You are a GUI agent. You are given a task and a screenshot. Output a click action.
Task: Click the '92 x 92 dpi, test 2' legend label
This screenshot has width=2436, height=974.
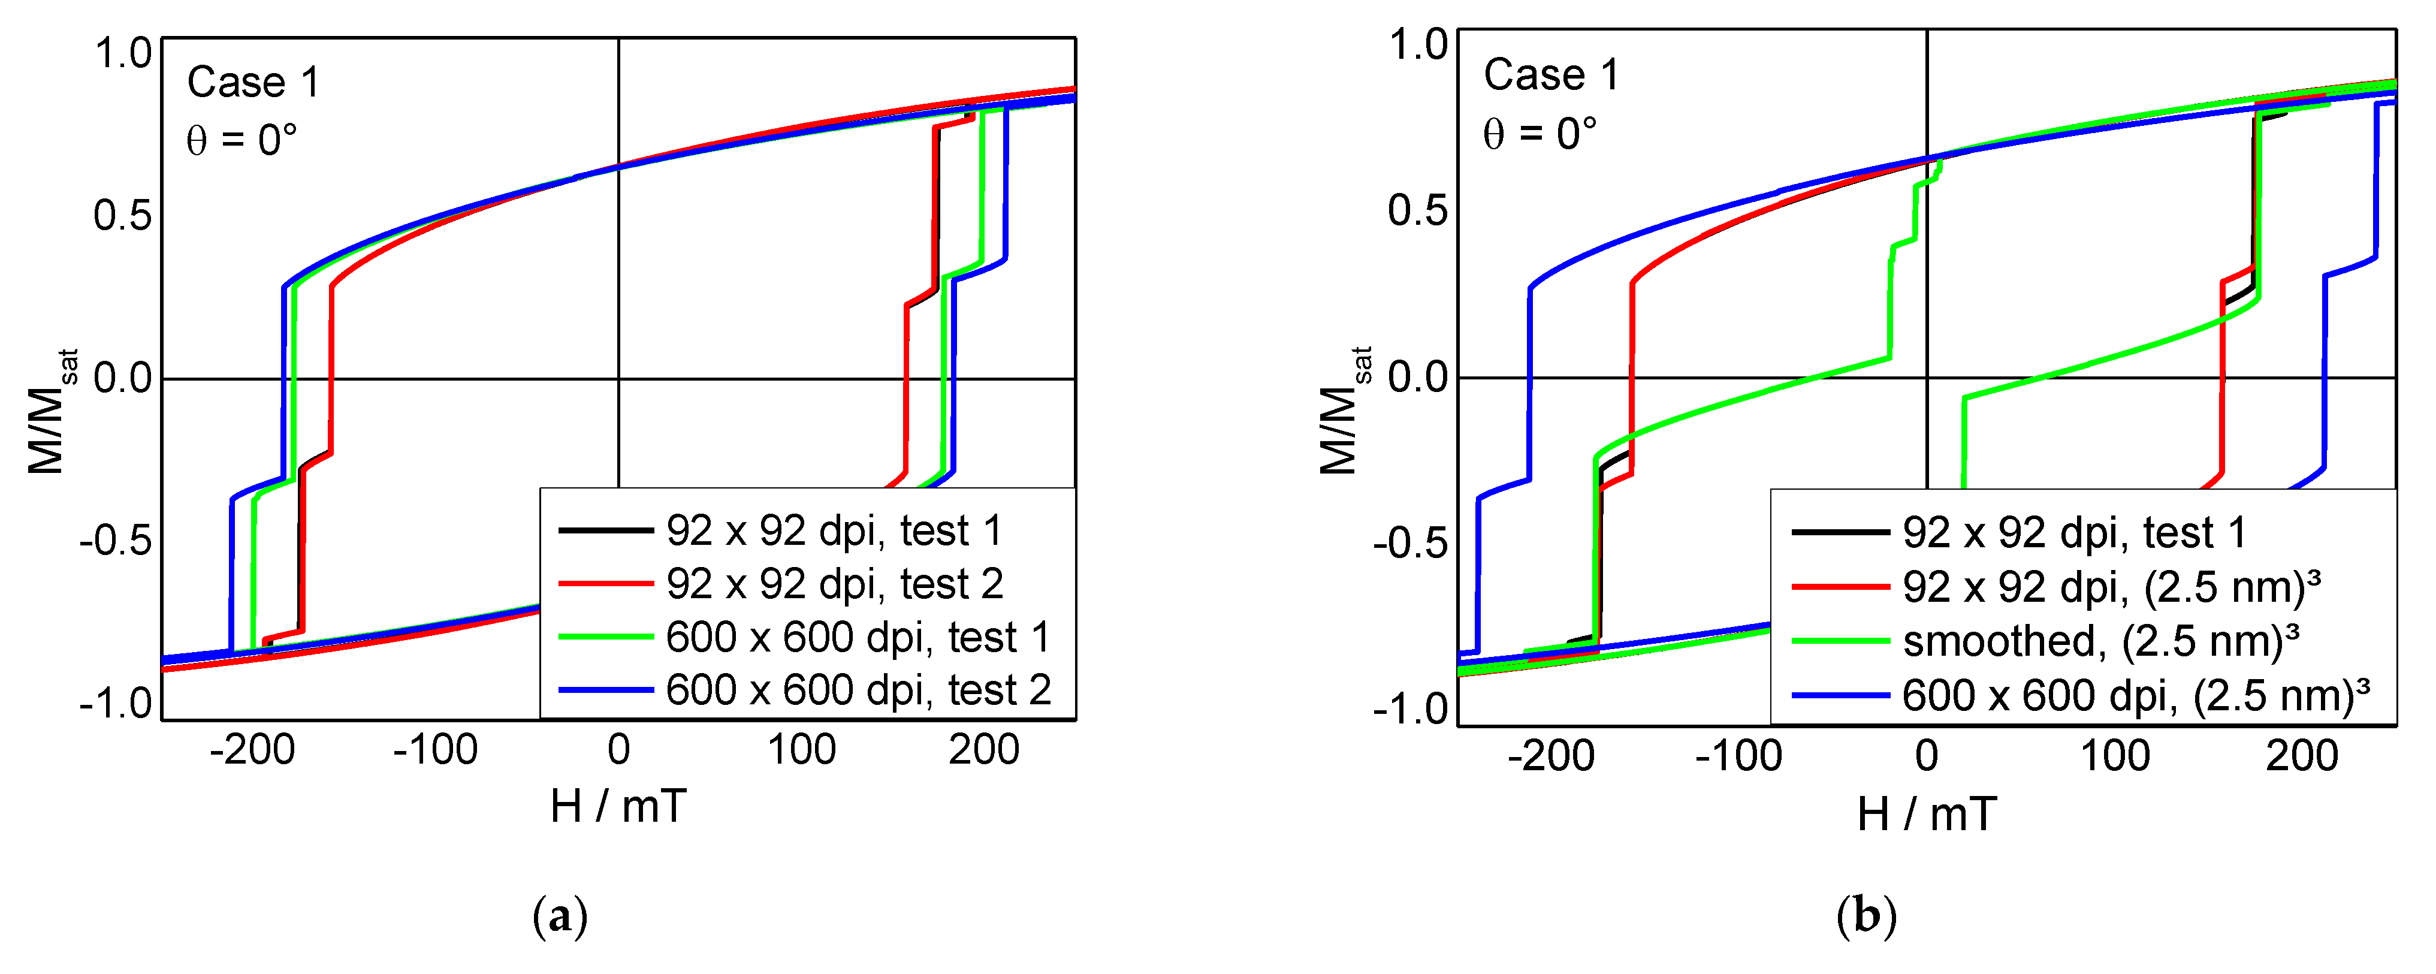click(834, 583)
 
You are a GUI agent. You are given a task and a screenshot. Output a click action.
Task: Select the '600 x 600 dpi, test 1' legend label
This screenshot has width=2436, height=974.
click(858, 637)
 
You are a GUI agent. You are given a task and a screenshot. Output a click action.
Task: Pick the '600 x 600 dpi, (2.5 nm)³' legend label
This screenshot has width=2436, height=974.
click(2135, 695)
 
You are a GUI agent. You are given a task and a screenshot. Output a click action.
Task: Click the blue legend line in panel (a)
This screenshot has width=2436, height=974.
click(605, 689)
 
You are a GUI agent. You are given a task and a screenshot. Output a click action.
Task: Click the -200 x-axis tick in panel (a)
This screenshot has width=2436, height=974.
click(252, 750)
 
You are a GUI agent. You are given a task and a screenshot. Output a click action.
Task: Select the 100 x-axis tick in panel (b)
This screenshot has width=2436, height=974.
click(2114, 756)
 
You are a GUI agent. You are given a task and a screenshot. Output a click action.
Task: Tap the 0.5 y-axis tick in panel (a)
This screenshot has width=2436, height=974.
click(123, 216)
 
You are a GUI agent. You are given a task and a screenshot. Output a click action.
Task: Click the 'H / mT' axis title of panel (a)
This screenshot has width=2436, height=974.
click(618, 807)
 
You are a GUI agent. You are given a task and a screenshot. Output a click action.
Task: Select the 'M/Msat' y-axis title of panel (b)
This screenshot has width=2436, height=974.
click(1343, 411)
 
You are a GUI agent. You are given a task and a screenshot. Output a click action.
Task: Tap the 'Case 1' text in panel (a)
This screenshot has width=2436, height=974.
click(253, 82)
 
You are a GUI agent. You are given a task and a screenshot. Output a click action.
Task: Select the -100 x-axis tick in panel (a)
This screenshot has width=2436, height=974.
click(435, 750)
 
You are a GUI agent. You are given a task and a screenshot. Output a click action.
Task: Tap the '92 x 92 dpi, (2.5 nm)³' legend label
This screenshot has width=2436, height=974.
click(2111, 587)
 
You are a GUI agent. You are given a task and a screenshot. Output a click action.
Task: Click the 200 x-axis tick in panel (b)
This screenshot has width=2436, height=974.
click(2302, 756)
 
